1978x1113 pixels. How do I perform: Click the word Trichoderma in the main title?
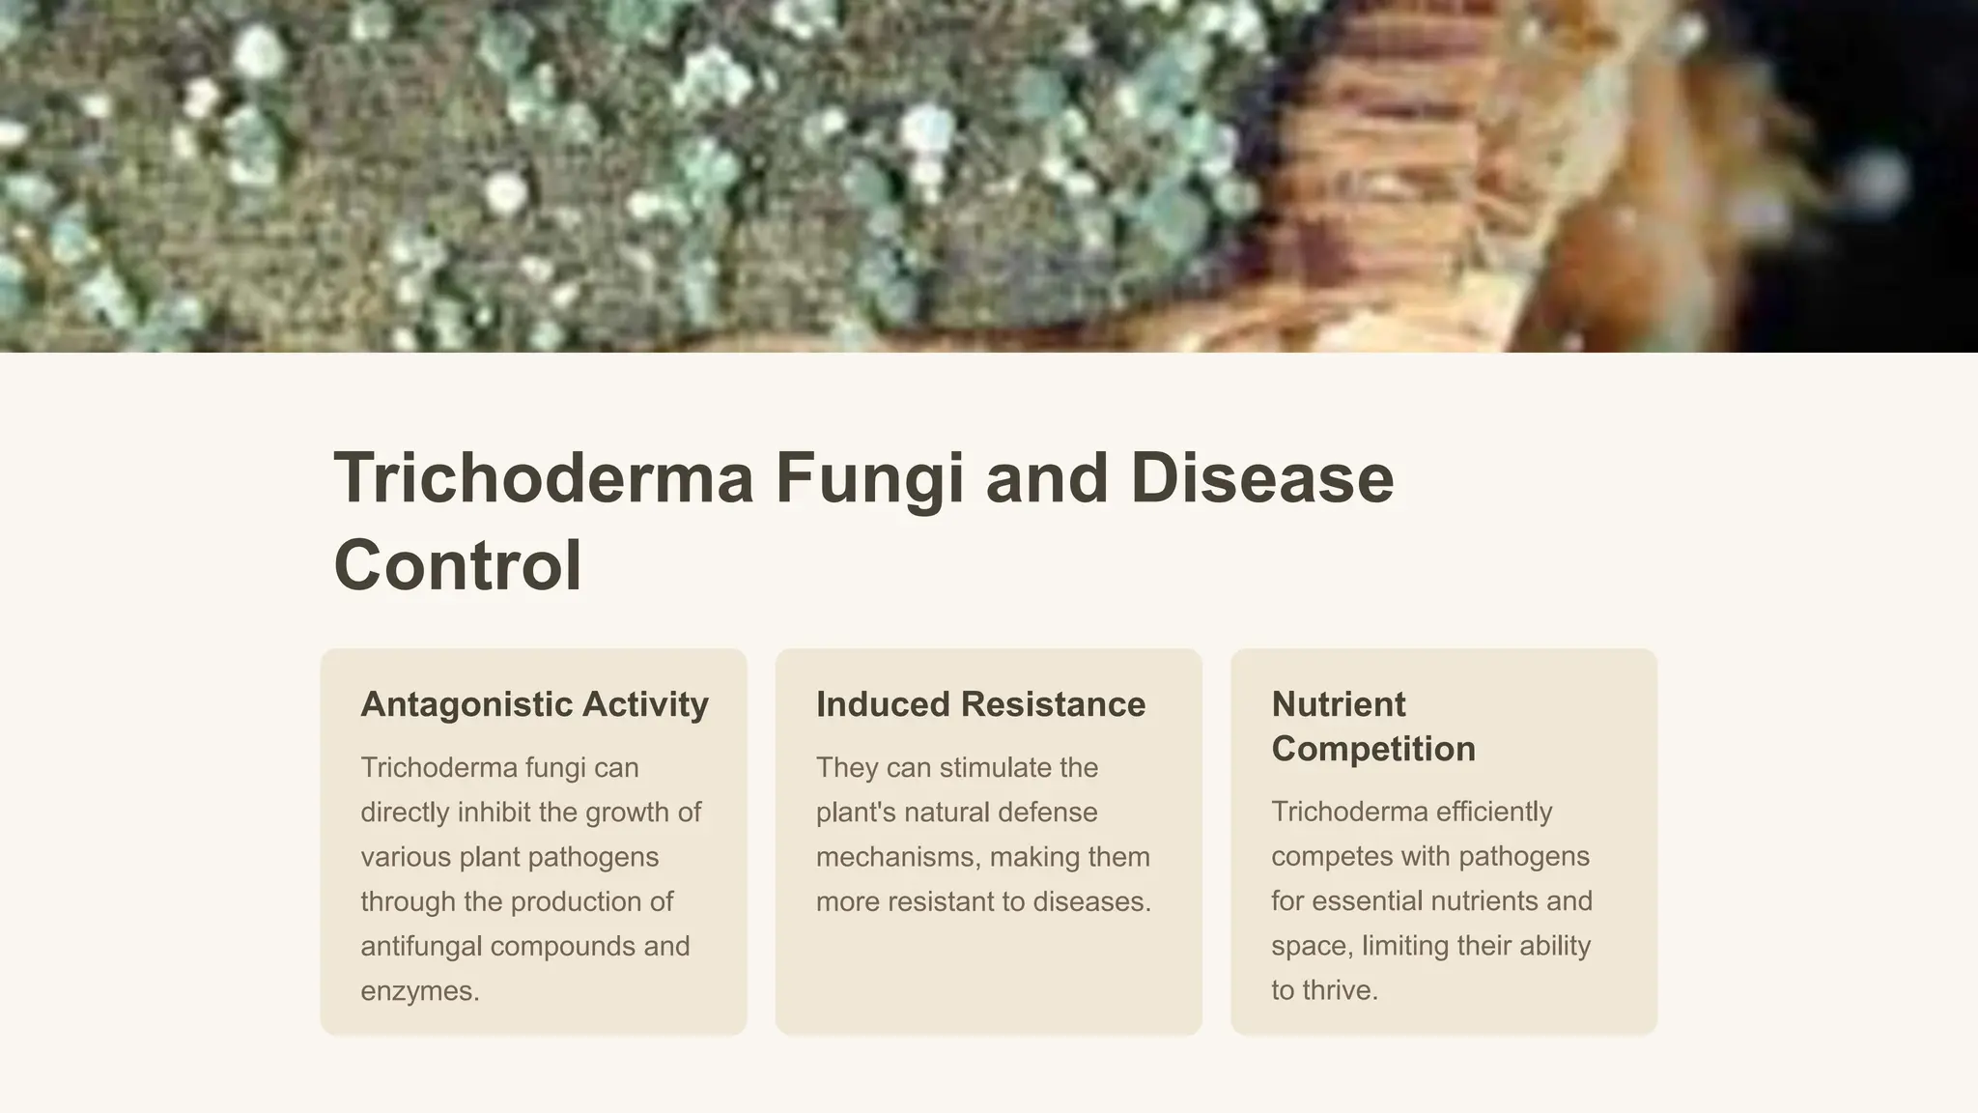coord(543,478)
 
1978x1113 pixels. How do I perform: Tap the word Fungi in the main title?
coord(869,478)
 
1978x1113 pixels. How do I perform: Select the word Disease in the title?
coord(1261,478)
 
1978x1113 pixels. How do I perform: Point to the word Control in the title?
coord(457,565)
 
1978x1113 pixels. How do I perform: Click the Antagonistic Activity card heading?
coord(534,704)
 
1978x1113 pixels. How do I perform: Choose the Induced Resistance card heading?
coord(980,704)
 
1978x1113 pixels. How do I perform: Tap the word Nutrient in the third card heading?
coord(1338,704)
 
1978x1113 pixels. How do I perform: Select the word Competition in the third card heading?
coord(1372,749)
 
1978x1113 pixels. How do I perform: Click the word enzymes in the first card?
coord(419,991)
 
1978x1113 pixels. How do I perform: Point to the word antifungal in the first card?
coord(421,946)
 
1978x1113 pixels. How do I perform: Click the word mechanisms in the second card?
coord(898,857)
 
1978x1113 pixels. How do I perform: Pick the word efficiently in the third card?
coord(1493,812)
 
